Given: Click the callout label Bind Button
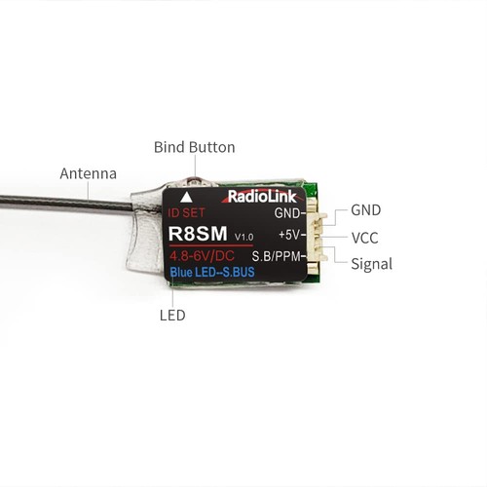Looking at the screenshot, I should coord(194,148).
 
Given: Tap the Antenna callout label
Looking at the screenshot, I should coord(88,173).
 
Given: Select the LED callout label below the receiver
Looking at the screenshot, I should coord(172,316).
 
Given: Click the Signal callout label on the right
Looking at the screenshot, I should coord(371,264).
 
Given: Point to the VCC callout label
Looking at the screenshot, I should coord(366,237).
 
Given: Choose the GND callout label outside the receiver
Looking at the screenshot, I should coord(366,209).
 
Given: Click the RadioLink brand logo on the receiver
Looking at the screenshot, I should coord(257,196).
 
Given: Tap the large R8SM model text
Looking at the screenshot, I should coord(200,234).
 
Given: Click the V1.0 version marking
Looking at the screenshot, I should coord(243,237).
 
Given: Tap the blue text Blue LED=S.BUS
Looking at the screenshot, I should coord(212,273).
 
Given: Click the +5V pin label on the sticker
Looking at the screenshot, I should coord(290,234).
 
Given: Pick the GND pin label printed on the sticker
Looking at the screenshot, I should coord(286,211).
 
